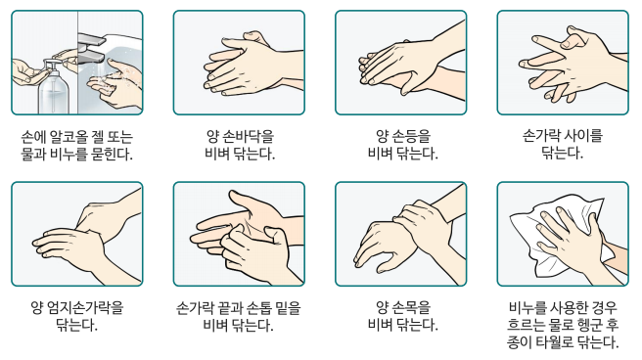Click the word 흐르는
pyautogui.click(x=527, y=325)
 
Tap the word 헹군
pyautogui.click(x=588, y=325)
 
